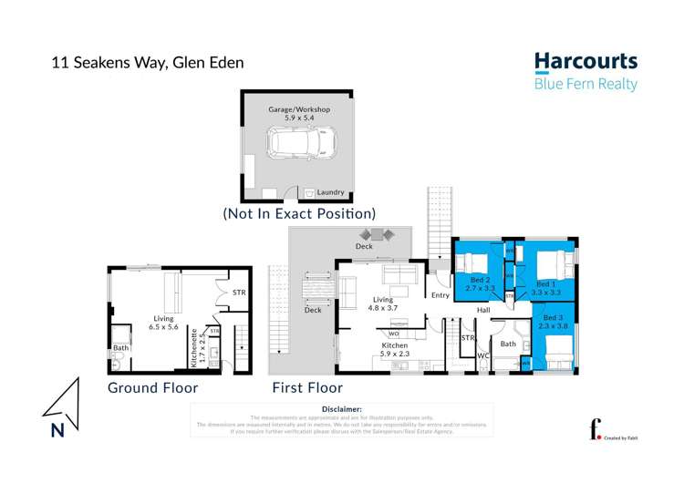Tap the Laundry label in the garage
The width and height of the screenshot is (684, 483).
(331, 192)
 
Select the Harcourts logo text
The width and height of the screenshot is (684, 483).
(585, 62)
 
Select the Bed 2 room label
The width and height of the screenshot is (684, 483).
(481, 283)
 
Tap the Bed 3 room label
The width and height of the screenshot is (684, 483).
(553, 321)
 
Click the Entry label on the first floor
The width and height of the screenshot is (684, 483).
(440, 294)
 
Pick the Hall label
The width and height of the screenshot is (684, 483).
(482, 311)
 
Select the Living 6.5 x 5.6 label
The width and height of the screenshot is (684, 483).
(165, 324)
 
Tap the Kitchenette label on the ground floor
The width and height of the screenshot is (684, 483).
(194, 348)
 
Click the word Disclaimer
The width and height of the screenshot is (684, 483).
(342, 409)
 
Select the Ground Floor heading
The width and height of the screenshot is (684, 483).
(152, 387)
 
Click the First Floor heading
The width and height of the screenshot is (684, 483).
(306, 387)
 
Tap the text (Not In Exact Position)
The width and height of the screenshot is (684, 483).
(299, 213)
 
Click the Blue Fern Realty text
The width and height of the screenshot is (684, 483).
(585, 85)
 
